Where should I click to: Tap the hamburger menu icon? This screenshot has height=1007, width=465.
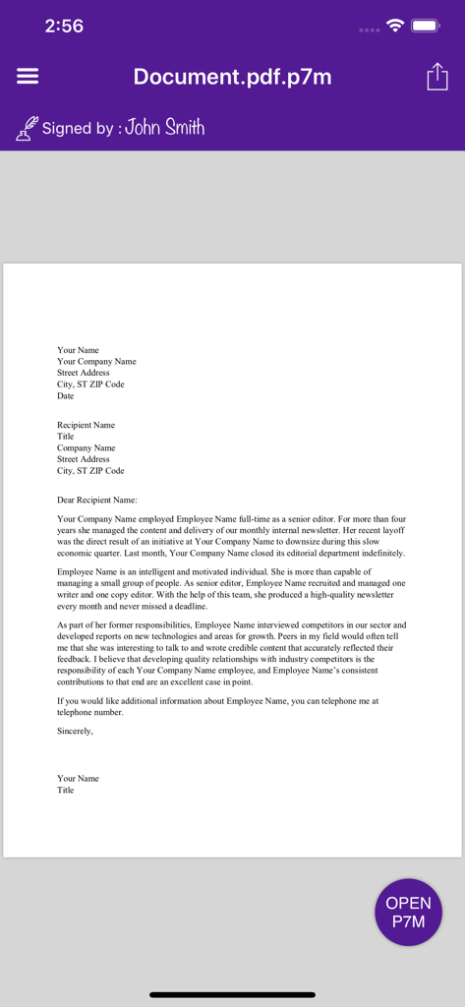tap(28, 77)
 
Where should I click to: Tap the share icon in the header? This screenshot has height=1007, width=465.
tap(436, 78)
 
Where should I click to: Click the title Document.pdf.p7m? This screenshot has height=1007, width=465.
tap(232, 78)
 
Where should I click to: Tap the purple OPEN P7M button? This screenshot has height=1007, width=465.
tap(408, 912)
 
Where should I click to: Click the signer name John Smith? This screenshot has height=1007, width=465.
tap(165, 127)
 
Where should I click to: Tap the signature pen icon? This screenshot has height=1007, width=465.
tap(27, 128)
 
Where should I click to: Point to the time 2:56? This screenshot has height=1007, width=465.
tap(64, 27)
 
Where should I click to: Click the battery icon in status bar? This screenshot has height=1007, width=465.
tap(426, 27)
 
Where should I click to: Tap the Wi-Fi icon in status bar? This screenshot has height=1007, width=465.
tap(395, 27)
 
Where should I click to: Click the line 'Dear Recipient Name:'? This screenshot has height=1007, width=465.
tap(97, 500)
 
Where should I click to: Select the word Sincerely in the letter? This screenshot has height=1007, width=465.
tap(75, 731)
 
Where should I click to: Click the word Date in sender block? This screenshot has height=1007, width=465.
tap(66, 396)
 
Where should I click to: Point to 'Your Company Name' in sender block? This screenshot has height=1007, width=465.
tap(96, 362)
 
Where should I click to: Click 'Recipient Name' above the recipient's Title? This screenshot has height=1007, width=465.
tap(86, 425)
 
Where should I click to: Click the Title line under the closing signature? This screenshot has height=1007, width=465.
tap(66, 790)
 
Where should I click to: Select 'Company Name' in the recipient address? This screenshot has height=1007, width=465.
tap(86, 447)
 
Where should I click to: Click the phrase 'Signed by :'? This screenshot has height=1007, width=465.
tap(79, 128)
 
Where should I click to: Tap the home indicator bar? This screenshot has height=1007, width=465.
tap(232, 994)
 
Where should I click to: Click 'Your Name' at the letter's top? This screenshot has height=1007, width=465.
tap(78, 350)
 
